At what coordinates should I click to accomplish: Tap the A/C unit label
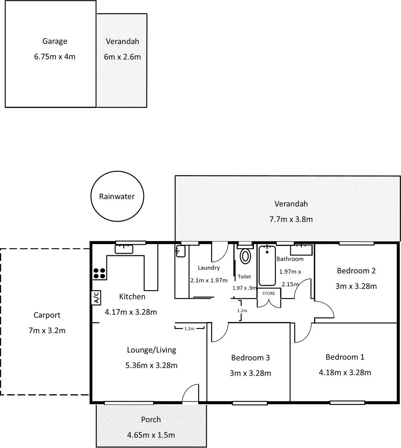tap(96, 297)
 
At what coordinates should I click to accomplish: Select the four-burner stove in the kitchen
tap(99, 273)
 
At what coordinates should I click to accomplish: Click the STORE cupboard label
tap(269, 293)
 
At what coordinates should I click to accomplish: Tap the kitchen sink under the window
tap(124, 249)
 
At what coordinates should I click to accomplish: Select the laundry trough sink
tap(180, 251)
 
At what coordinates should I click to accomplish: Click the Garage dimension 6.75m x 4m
tap(55, 57)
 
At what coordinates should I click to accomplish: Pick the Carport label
tap(47, 315)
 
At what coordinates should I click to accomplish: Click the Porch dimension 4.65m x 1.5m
tap(151, 435)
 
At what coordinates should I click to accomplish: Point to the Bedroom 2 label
tap(356, 271)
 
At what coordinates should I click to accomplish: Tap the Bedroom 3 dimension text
tap(250, 373)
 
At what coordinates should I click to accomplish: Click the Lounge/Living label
tap(151, 350)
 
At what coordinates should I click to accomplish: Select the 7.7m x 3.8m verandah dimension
tap(291, 219)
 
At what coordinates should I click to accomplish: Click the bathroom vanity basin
tap(301, 250)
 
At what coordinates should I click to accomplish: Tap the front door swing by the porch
tap(191, 393)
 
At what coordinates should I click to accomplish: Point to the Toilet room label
tap(244, 277)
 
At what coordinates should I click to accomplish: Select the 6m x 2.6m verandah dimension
tap(122, 57)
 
